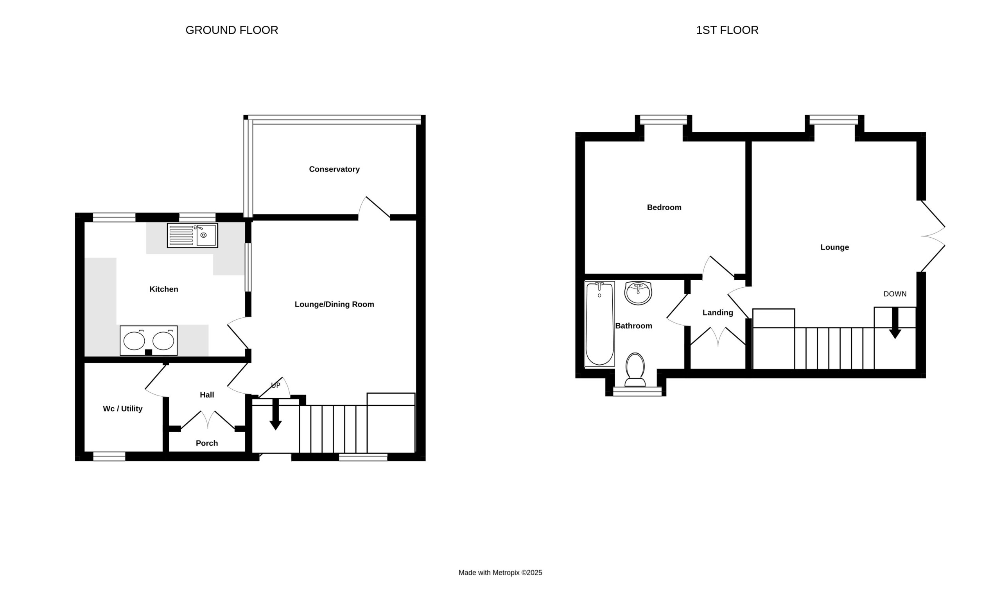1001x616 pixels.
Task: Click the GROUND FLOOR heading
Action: point(231,30)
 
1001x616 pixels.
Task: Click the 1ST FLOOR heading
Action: point(727,30)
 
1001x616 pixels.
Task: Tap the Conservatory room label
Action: point(334,170)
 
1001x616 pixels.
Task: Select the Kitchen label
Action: point(164,289)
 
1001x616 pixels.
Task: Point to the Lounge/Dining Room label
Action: point(334,304)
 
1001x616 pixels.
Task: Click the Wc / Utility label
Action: point(123,408)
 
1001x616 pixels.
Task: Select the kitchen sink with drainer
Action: point(192,235)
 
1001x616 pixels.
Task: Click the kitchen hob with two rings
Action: point(149,340)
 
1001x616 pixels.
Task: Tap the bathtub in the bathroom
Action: point(599,324)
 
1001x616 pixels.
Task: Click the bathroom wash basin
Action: point(638,293)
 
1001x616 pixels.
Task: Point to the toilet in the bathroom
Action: point(635,369)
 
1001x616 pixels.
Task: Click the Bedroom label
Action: point(664,208)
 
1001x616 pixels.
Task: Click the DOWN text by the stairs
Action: point(895,294)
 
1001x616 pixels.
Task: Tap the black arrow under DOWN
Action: point(895,323)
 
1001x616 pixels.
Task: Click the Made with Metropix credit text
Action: point(500,573)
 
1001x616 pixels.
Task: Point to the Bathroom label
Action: point(634,326)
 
